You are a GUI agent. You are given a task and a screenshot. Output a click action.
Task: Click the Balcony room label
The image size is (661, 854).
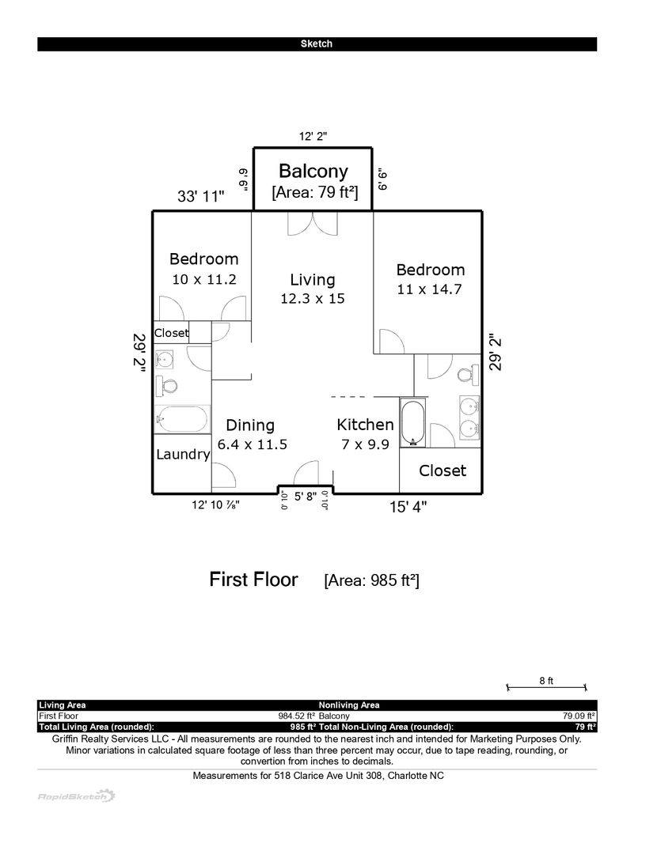pos(313,171)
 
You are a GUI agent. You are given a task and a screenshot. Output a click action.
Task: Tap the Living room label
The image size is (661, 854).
pos(312,280)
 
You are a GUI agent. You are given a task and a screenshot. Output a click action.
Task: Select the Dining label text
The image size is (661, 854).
pos(250,425)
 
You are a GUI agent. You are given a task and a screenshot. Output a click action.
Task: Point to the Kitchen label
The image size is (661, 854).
pos(365,425)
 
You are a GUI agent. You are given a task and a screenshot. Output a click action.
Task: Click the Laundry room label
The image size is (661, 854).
pos(183,454)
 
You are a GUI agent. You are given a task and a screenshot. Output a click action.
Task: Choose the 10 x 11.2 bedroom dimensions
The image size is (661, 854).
pos(204,279)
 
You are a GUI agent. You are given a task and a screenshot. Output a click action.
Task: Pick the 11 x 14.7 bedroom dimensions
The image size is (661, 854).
pos(429,289)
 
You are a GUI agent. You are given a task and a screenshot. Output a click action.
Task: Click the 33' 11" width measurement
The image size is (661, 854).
pos(201,196)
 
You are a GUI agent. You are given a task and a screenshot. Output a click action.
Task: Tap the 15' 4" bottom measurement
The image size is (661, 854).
pos(408,507)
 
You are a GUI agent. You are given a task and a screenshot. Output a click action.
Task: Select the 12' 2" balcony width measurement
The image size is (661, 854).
pos(313,136)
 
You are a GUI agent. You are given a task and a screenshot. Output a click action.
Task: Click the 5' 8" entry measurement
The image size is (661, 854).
pos(306,497)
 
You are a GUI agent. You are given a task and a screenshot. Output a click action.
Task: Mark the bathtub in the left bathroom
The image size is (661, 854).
pos(182,419)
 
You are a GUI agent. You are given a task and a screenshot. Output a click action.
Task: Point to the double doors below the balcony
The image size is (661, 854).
pos(313,224)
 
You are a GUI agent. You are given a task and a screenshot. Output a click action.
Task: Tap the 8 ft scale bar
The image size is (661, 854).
pos(546,687)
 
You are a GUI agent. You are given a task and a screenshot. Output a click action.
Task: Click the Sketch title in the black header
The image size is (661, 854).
pos(317,44)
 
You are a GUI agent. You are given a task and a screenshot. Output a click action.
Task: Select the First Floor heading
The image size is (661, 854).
pos(253,580)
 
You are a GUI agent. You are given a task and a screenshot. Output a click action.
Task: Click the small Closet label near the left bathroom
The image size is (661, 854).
pos(171,333)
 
